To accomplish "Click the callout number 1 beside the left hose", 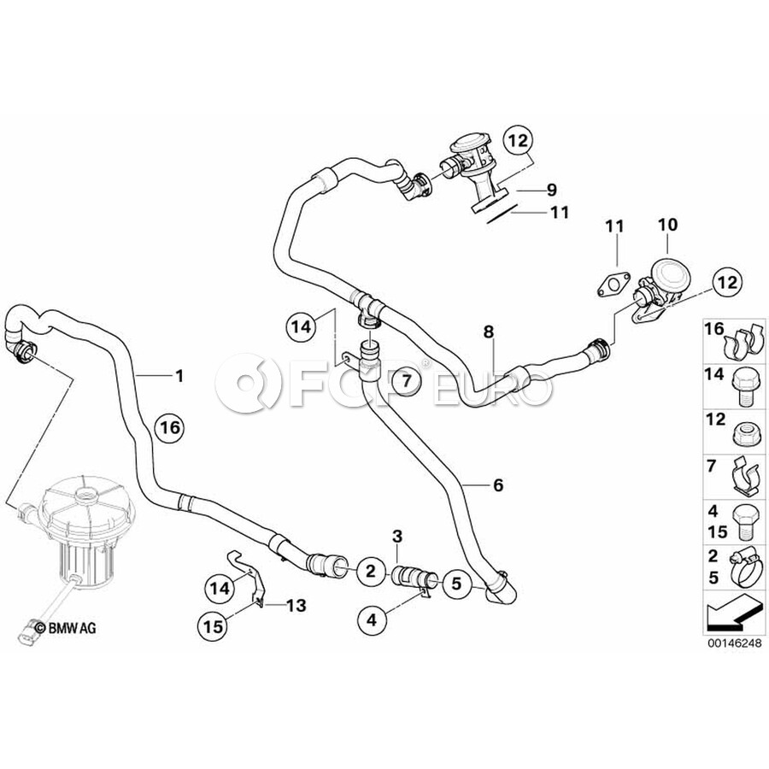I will (x=179, y=374).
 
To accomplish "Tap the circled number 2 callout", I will (x=370, y=571).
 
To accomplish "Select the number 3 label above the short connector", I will (x=396, y=537).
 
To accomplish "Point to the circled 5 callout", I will (x=456, y=584).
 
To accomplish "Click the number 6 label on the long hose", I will (x=498, y=485).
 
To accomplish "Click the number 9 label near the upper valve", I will (x=550, y=189).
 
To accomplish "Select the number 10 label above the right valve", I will (x=667, y=225).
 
